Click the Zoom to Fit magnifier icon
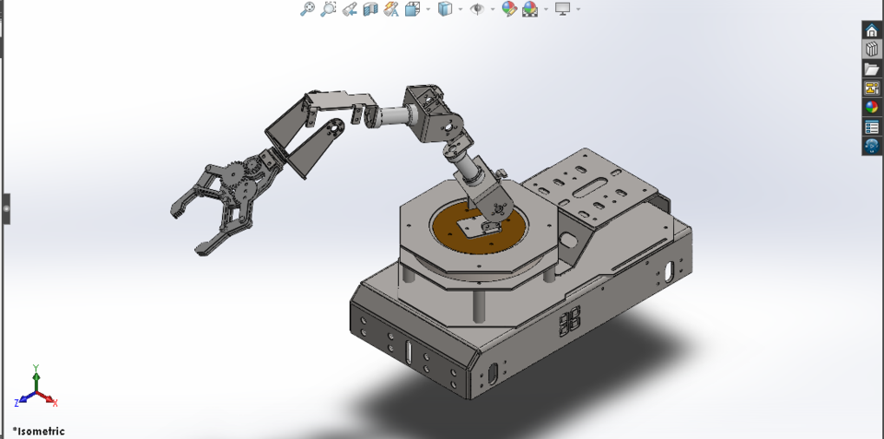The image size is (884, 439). point(308,9)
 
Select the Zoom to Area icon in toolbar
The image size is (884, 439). point(329,9)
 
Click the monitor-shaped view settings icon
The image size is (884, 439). point(562,9)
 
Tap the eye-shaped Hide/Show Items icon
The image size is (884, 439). point(477,9)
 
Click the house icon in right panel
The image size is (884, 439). point(871,30)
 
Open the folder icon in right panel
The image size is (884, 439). point(871,69)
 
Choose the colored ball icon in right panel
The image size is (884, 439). point(871,108)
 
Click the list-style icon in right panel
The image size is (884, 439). point(871,127)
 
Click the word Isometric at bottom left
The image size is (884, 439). point(41,431)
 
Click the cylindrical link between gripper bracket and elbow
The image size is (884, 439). point(392,116)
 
